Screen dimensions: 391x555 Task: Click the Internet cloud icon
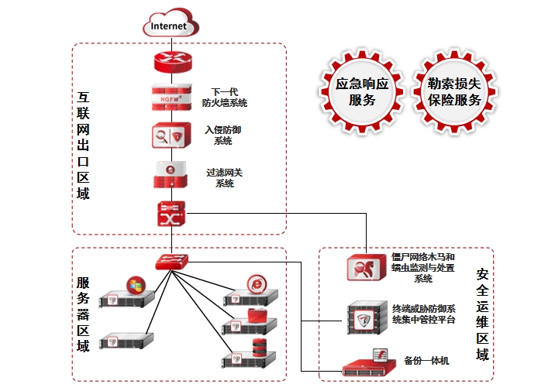point(169,25)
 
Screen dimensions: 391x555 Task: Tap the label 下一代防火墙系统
point(224,97)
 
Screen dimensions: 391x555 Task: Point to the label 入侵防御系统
point(223,135)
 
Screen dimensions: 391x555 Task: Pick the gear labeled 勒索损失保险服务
point(454,91)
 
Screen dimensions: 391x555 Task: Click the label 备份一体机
point(426,361)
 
